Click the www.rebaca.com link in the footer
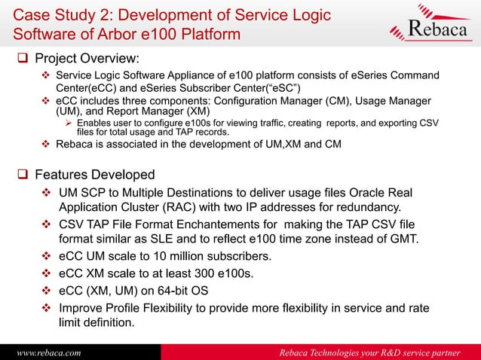click(x=47, y=352)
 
